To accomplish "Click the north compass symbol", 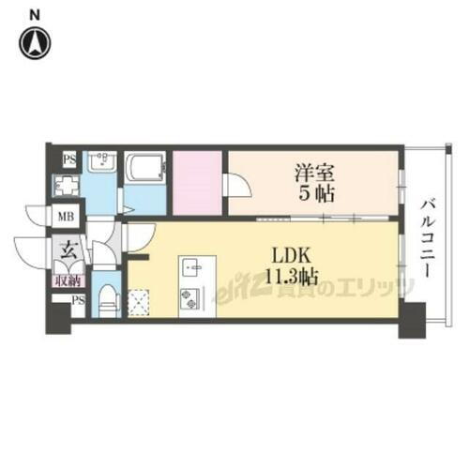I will pos(36,41).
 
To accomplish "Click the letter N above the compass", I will pos(35,13).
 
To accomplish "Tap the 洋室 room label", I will pos(316,174).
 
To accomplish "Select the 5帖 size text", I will pos(316,195).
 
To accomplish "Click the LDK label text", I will pos(290,254).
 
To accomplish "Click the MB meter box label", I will pos(67,219).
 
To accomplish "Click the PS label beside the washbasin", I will pos(68,159).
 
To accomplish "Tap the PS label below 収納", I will pos(79,299).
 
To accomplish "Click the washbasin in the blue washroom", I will pos(100,162).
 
